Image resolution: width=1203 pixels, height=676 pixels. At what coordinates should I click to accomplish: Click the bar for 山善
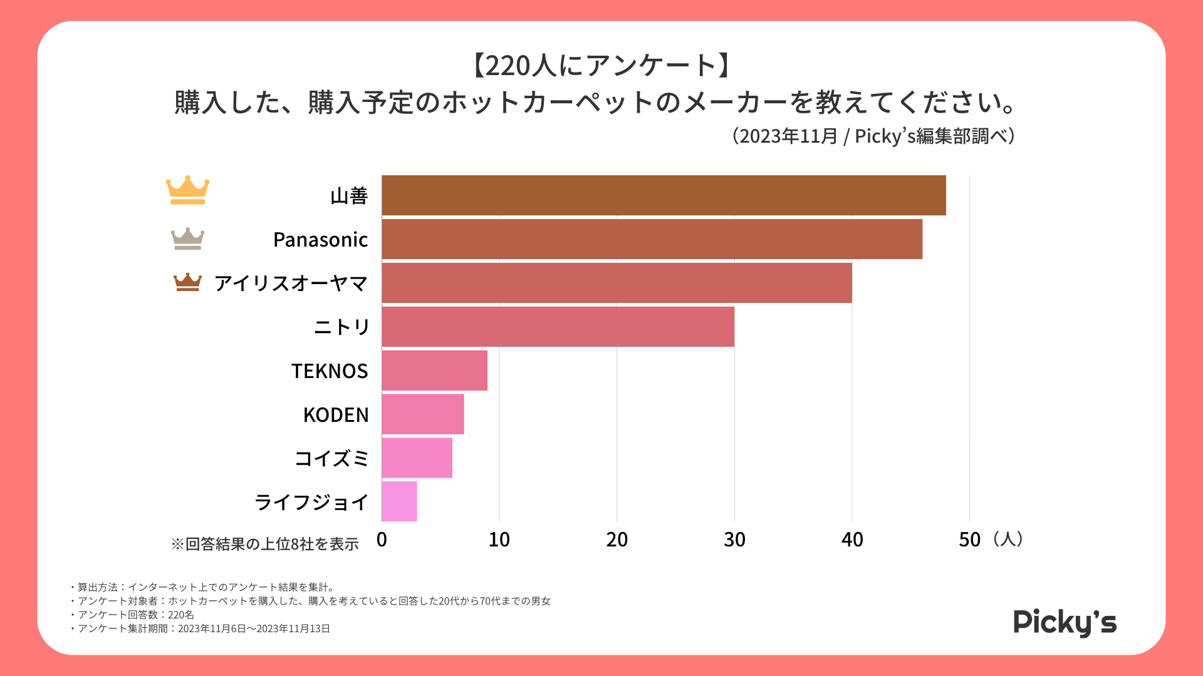click(x=664, y=195)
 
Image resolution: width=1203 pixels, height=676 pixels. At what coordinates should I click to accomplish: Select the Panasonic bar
click(x=652, y=239)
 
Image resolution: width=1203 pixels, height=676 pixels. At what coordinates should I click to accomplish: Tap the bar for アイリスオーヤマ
click(x=617, y=283)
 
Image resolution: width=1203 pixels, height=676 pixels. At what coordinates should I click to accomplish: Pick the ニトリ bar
click(x=558, y=327)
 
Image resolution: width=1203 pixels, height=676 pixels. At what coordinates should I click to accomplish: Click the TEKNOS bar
click(x=434, y=371)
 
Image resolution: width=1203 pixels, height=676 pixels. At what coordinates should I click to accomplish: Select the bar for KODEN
click(x=423, y=414)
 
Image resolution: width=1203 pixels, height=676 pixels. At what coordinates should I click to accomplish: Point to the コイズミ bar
click(x=417, y=458)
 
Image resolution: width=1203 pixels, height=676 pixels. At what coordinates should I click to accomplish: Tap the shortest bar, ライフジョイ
click(x=399, y=501)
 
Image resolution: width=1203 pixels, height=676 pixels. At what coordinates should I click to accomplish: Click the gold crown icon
click(x=187, y=190)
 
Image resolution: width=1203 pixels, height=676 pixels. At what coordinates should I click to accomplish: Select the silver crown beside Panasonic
click(x=187, y=238)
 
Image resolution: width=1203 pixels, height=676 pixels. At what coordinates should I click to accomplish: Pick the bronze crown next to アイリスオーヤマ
click(x=187, y=282)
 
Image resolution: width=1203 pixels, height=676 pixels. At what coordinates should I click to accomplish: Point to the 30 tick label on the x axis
click(x=734, y=540)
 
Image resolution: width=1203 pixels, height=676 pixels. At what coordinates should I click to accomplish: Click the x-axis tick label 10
click(x=499, y=540)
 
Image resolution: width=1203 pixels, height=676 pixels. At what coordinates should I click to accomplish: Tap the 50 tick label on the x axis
click(x=969, y=540)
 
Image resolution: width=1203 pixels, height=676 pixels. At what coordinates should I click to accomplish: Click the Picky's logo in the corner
click(x=1065, y=622)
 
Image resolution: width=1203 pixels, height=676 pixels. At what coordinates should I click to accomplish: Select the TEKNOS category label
click(x=330, y=371)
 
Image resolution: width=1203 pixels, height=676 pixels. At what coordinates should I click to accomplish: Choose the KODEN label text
click(x=336, y=415)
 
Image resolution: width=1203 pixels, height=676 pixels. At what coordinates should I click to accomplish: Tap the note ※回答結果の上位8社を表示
click(x=265, y=544)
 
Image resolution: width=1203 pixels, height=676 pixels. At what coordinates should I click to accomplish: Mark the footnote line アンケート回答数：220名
click(x=135, y=615)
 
